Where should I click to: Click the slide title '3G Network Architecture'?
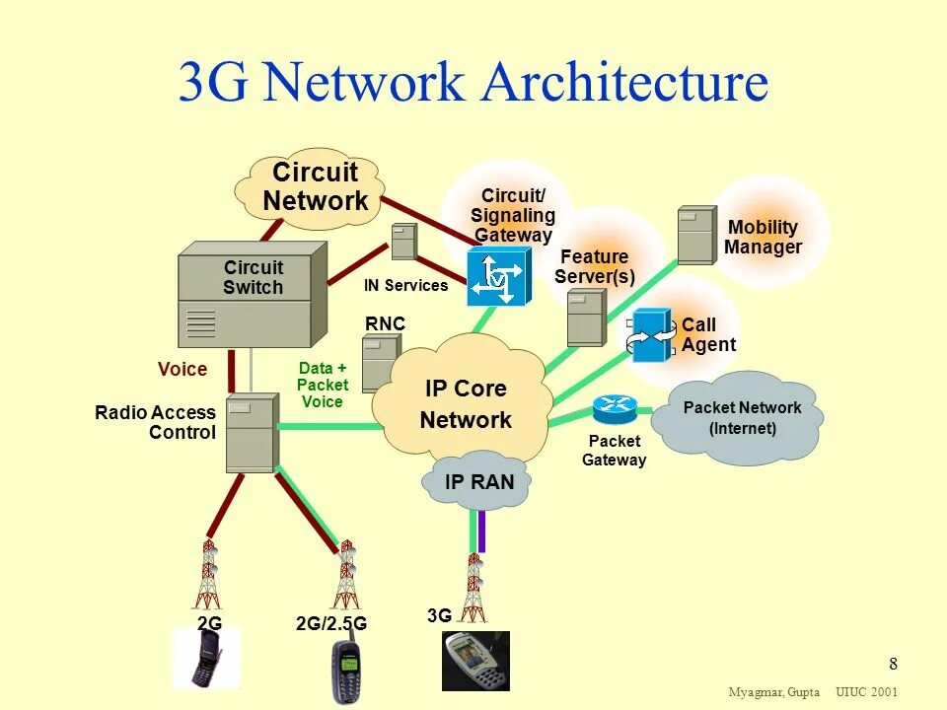point(473,83)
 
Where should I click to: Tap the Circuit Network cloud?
point(314,187)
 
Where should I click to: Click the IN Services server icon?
point(403,243)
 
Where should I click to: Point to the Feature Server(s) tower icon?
point(586,318)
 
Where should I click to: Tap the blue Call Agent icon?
point(651,336)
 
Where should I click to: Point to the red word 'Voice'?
point(182,370)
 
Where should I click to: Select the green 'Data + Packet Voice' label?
point(323,386)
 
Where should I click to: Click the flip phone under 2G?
point(206,659)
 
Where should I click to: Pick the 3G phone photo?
point(475,661)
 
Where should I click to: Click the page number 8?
point(893,663)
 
